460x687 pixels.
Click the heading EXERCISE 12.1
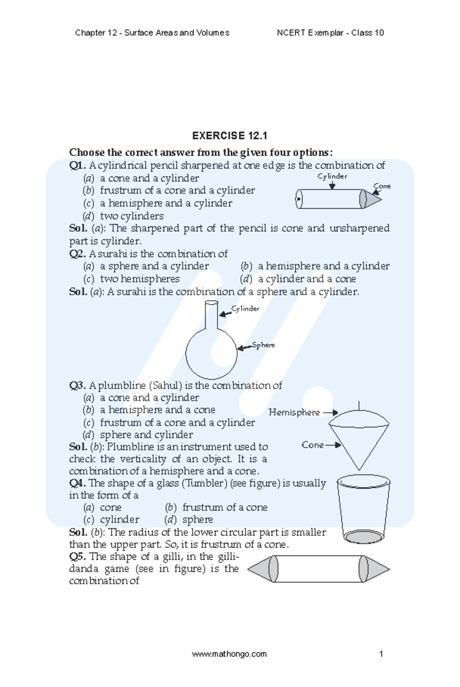(229, 136)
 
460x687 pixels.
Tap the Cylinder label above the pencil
(332, 176)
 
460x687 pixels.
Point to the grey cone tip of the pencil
(372, 199)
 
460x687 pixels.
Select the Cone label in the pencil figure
(382, 186)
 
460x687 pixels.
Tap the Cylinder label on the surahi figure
(245, 309)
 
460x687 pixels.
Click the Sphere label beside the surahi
(263, 345)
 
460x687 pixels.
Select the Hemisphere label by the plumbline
(294, 413)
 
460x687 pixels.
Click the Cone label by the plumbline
(312, 445)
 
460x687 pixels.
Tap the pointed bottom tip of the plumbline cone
(359, 469)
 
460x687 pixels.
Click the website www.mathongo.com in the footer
(229, 654)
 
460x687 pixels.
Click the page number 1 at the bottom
(381, 654)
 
